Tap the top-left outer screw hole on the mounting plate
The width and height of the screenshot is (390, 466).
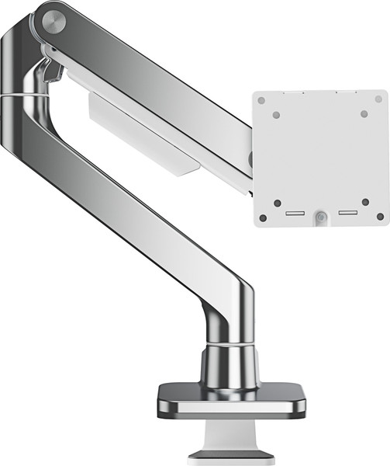pos(261,100)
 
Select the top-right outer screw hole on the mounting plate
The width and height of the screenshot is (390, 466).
pos(379,100)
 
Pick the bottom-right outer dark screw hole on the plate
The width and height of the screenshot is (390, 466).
pos(379,217)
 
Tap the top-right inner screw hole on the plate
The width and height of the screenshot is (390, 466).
pos(364,114)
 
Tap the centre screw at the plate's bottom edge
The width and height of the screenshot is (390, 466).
pos(320,217)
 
